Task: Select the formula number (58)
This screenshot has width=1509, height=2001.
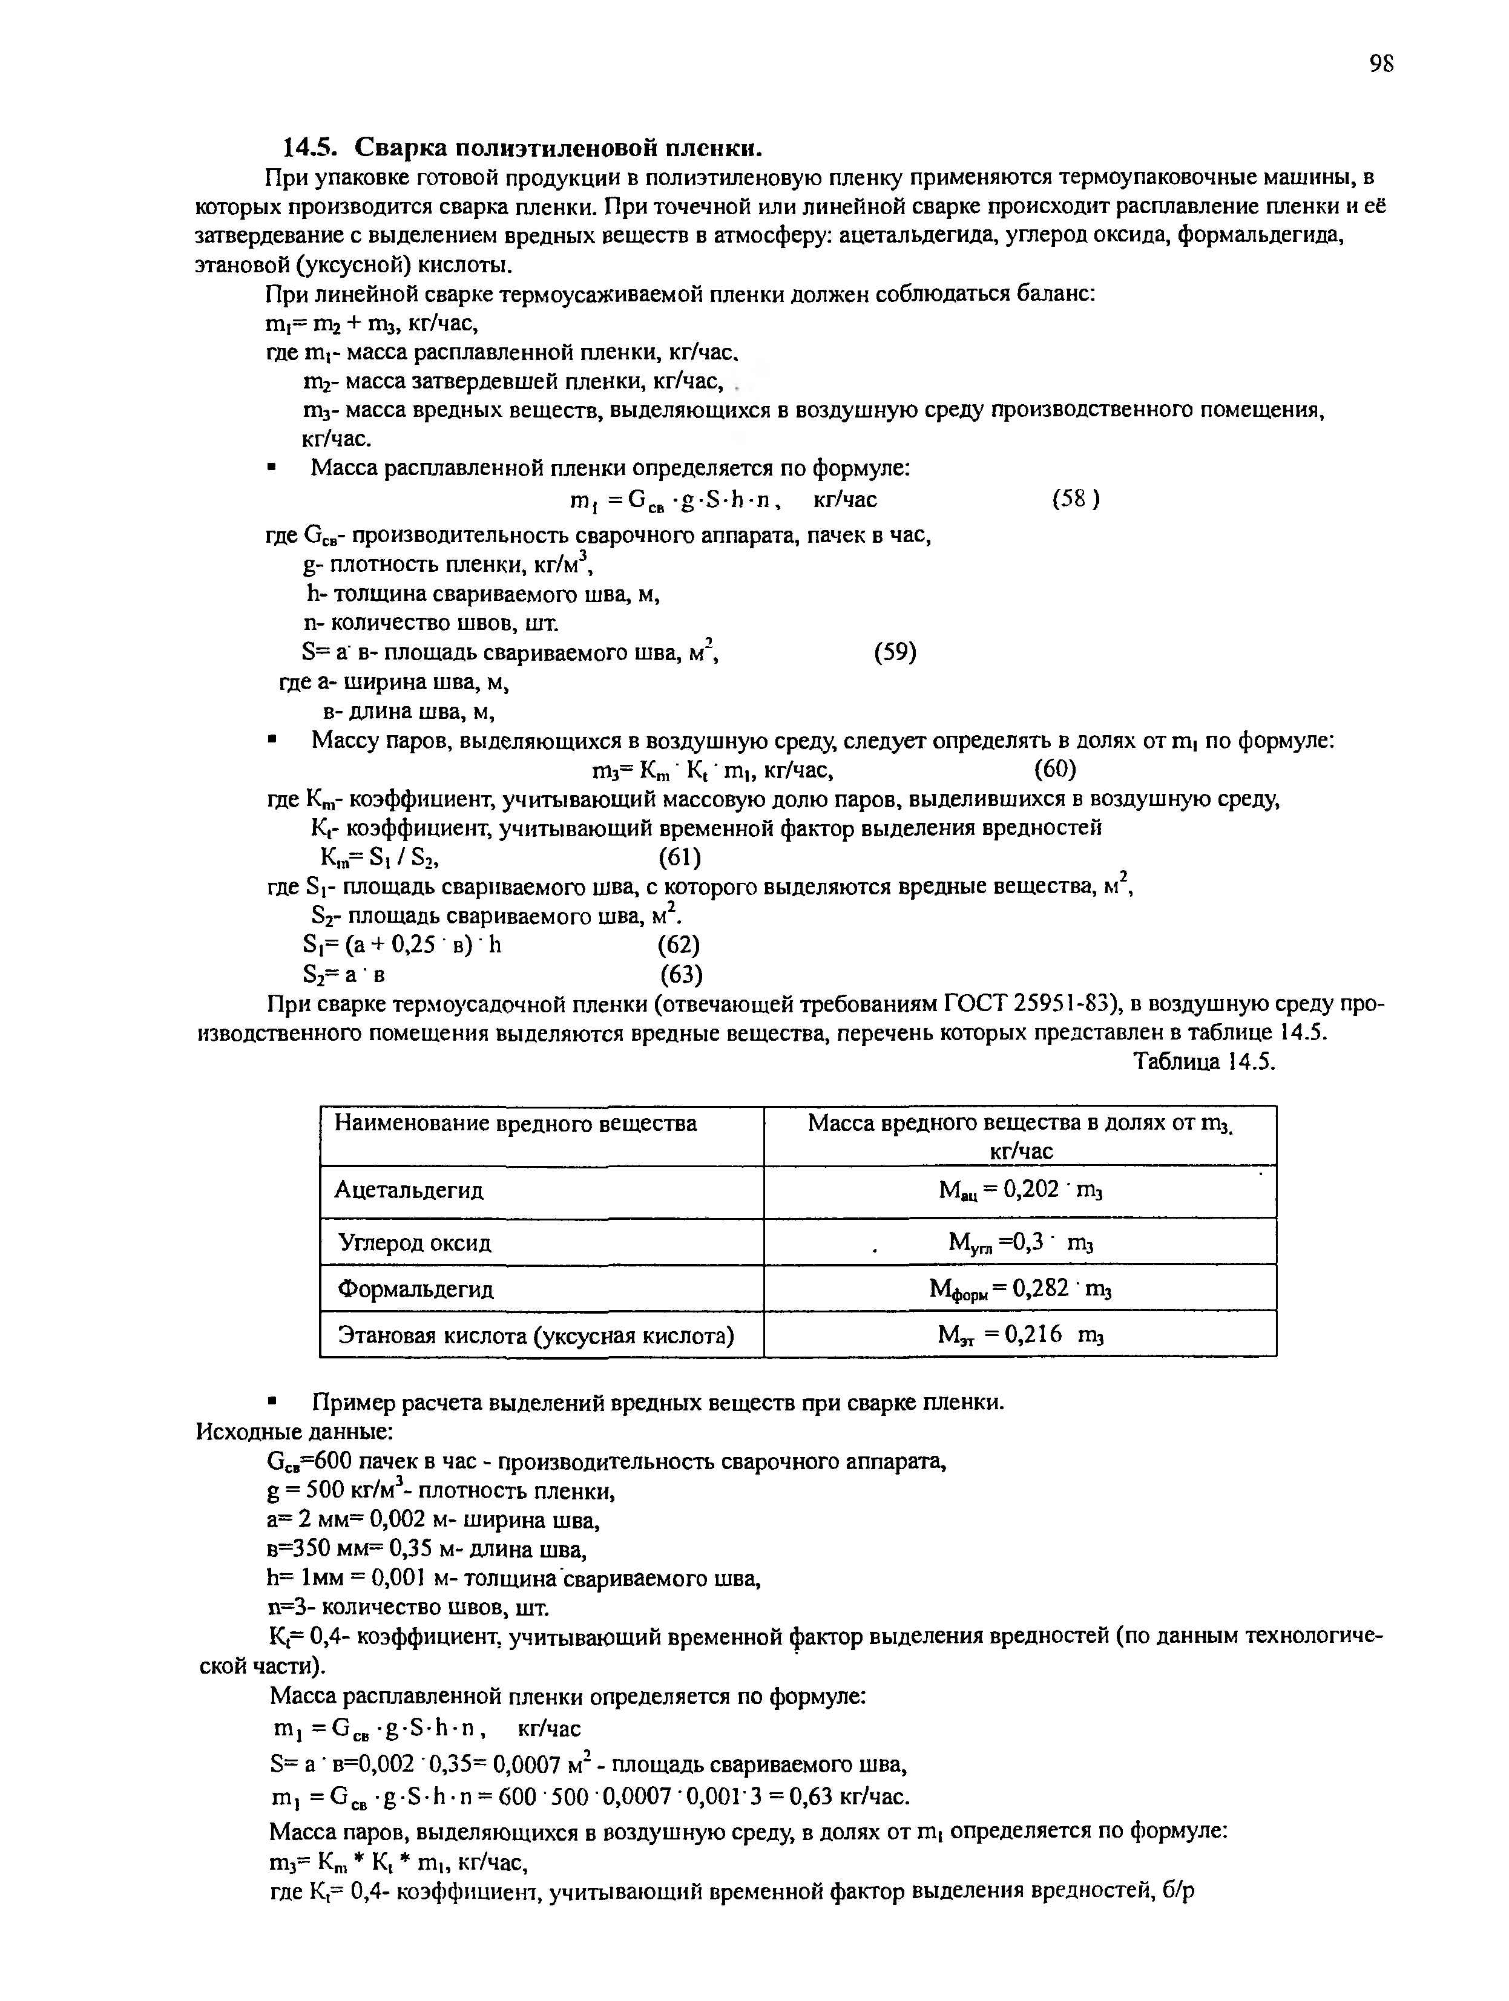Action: point(1076,499)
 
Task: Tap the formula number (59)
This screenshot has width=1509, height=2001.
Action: point(895,652)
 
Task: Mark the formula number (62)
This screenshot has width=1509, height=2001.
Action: point(679,945)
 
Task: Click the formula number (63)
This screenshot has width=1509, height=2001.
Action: point(679,974)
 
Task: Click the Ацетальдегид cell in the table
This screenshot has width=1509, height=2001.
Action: point(409,1190)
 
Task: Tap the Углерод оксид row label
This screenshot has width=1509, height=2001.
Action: point(415,1243)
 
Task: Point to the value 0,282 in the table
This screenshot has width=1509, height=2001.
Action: point(1041,1287)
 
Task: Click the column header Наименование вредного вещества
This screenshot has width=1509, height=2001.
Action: point(516,1124)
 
